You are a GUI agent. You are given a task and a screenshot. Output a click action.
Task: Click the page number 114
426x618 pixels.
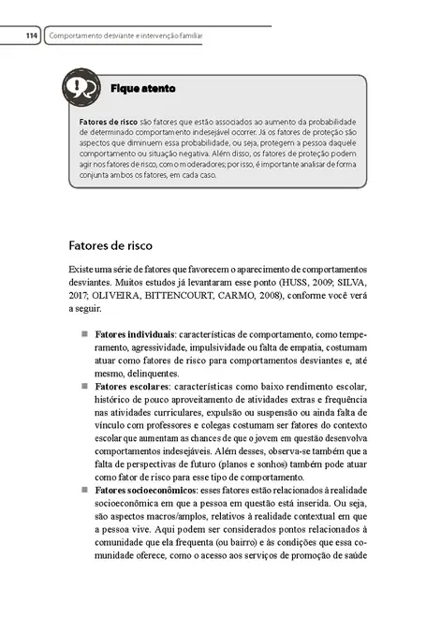(x=31, y=36)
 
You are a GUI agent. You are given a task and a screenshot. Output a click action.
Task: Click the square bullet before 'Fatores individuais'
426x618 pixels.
(x=82, y=334)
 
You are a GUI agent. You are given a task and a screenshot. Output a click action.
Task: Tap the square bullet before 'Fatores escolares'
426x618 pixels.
(x=82, y=386)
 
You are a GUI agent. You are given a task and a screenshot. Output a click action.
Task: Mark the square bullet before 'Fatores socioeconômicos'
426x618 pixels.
(x=82, y=490)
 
